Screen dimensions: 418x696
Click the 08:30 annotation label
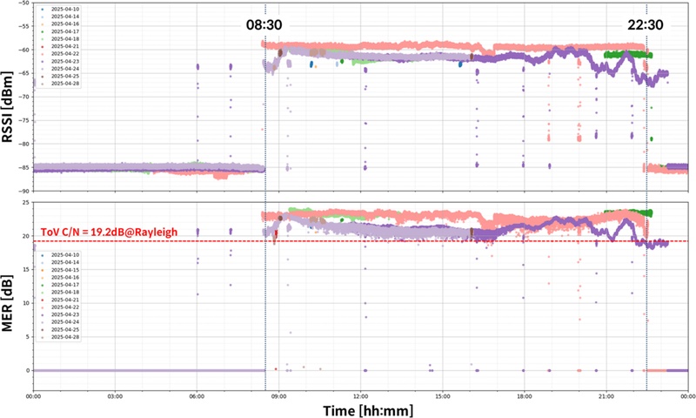[x=265, y=27]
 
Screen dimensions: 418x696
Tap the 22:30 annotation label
[x=646, y=27]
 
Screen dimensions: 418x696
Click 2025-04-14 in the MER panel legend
[x=66, y=260]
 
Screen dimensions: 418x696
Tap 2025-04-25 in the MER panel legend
[x=66, y=328]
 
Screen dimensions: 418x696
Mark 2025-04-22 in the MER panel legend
[x=66, y=307]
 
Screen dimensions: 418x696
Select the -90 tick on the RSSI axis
[x=24, y=190]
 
